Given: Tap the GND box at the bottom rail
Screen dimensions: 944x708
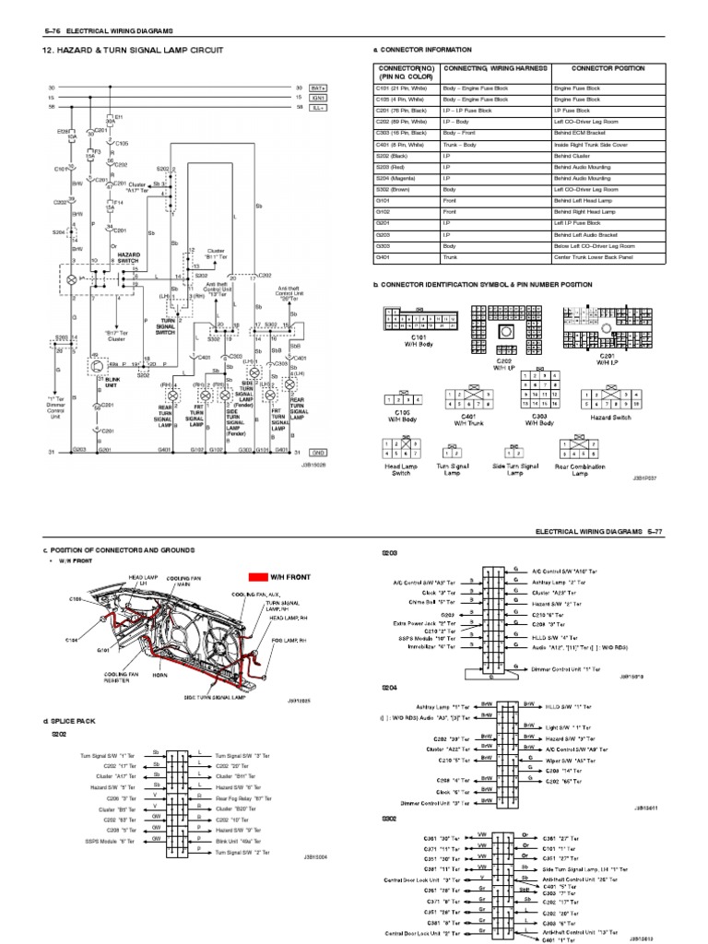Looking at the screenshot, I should click(318, 453).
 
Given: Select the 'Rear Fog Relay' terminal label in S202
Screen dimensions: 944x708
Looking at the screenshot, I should click(240, 798).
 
